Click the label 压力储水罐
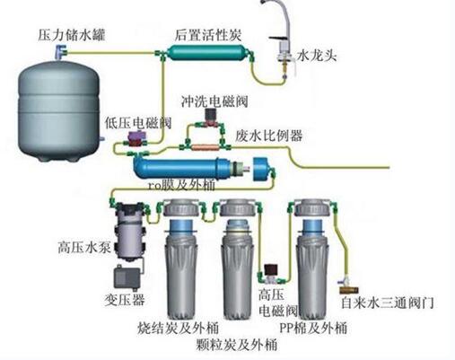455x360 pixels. (x=71, y=35)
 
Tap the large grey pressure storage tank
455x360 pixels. (x=58, y=110)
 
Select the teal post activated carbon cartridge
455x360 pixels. (x=208, y=53)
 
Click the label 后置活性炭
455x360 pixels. (x=208, y=35)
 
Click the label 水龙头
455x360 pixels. (x=317, y=56)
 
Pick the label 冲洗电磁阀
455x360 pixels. (x=214, y=101)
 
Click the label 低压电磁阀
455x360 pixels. (x=138, y=122)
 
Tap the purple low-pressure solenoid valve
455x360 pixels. (x=136, y=138)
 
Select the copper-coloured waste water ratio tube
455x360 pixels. (x=206, y=147)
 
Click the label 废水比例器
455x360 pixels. (x=268, y=136)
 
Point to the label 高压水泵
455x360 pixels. (x=84, y=248)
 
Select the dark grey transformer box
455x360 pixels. (x=127, y=277)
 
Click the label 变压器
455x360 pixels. (x=125, y=300)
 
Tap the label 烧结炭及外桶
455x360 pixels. (x=178, y=329)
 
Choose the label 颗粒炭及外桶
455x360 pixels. (x=236, y=344)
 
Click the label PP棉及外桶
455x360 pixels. (x=313, y=328)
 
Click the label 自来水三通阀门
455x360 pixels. (x=388, y=303)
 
